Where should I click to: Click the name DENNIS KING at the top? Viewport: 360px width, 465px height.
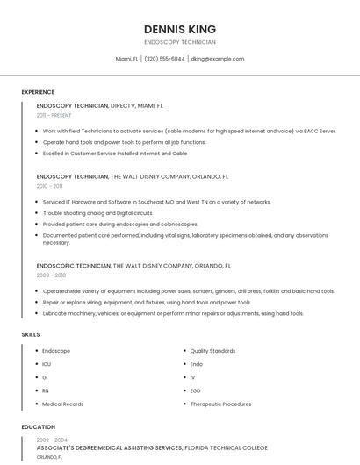(180, 29)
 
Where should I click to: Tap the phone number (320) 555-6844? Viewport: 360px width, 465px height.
(164, 59)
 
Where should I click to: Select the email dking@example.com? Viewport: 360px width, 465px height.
(218, 59)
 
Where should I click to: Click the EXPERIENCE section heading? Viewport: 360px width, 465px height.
(38, 92)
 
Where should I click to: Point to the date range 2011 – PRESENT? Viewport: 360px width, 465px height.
(54, 115)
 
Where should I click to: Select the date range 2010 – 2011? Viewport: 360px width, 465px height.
(49, 186)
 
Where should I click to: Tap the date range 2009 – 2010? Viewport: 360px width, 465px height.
(51, 275)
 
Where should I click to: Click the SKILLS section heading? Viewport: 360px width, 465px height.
(31, 334)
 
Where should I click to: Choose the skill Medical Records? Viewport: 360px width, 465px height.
(63, 404)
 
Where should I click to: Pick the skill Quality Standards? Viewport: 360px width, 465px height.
(212, 351)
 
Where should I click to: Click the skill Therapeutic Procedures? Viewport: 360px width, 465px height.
(220, 404)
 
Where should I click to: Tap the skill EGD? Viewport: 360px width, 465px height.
(196, 390)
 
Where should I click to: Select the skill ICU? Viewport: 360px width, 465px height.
(47, 364)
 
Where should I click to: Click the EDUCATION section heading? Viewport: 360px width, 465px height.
(39, 427)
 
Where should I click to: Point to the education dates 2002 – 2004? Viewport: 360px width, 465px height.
(52, 440)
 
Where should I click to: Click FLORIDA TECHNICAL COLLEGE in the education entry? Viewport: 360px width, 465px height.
(227, 447)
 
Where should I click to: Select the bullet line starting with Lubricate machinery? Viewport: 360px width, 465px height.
(173, 313)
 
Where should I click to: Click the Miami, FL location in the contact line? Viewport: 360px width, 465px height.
(127, 59)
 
